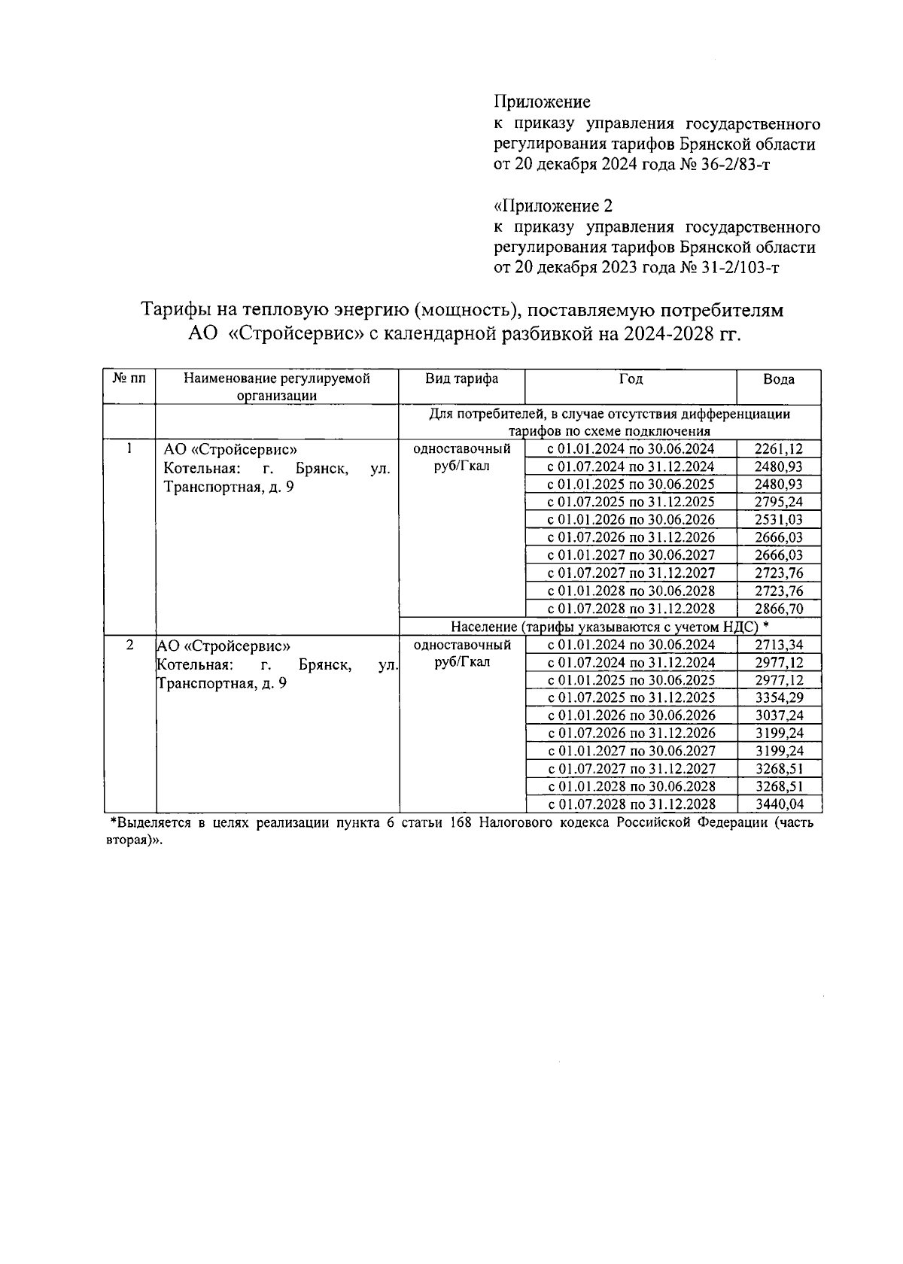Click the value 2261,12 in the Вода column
click(x=778, y=449)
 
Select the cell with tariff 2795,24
click(x=778, y=502)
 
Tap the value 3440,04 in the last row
click(x=778, y=804)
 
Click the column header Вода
click(x=778, y=379)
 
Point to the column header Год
click(x=630, y=379)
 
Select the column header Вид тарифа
click(x=461, y=379)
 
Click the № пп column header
click(x=129, y=379)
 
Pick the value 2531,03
click(x=778, y=520)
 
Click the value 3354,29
click(x=778, y=697)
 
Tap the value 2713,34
click(x=778, y=645)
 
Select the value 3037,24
click(x=778, y=716)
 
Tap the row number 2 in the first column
click(x=129, y=646)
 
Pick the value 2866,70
click(x=778, y=609)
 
